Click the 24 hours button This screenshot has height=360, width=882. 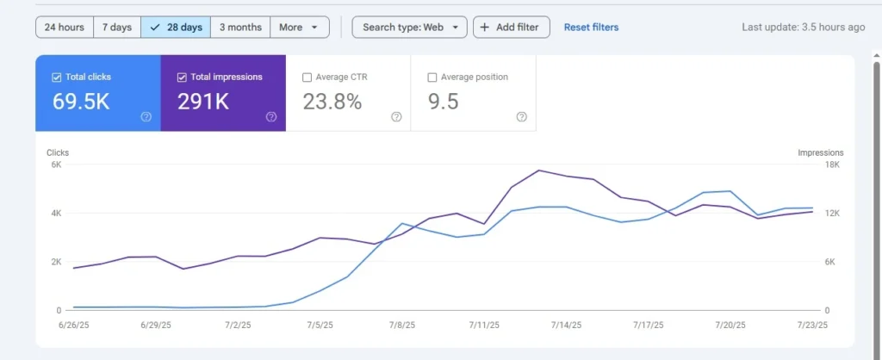click(64, 28)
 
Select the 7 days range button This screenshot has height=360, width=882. click(116, 28)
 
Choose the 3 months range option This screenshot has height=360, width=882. click(240, 28)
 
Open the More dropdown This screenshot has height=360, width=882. click(299, 28)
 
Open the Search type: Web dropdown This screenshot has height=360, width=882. click(409, 28)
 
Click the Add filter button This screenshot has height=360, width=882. click(511, 28)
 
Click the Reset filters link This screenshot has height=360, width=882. click(591, 28)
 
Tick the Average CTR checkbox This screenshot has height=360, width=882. click(307, 78)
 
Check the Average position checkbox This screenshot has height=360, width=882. click(432, 78)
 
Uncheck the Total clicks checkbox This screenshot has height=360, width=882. click(57, 78)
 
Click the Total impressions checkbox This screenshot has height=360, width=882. click(182, 78)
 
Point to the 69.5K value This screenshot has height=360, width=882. click(81, 102)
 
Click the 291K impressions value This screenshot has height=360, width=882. click(203, 102)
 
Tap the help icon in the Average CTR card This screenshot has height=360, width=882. click(396, 117)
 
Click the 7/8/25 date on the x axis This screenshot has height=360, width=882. click(401, 326)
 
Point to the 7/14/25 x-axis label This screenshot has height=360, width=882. click(565, 326)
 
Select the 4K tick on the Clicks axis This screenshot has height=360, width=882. click(55, 213)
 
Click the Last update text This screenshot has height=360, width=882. click(803, 28)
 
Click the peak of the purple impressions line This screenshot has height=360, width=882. click(539, 170)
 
